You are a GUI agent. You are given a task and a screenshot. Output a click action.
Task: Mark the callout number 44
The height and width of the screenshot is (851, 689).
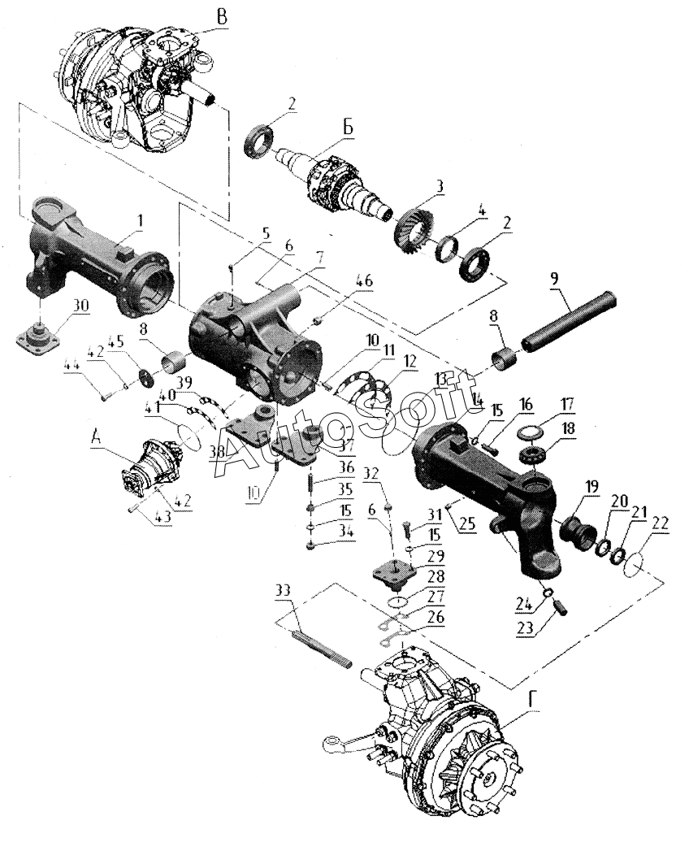click(71, 367)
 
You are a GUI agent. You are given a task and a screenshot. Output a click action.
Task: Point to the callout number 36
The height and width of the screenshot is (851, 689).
click(324, 467)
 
